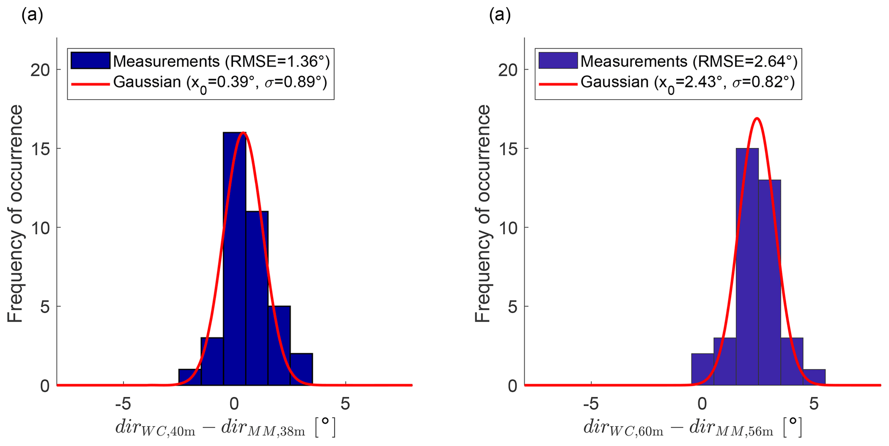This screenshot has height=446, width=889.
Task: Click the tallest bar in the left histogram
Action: (234, 258)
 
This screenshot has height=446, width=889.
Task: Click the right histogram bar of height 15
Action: (747, 266)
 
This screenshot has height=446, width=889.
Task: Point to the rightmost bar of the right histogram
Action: (814, 377)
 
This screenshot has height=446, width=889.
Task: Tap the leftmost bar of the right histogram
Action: (702, 370)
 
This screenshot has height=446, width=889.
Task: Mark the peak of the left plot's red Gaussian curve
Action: (243, 132)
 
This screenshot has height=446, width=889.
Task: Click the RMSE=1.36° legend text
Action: (277, 61)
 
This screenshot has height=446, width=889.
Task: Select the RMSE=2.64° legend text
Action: (745, 61)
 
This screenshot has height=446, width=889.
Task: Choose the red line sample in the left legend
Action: (90, 83)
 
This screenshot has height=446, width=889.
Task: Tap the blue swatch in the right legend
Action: (558, 61)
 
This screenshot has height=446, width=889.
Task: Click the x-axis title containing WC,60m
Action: (692, 427)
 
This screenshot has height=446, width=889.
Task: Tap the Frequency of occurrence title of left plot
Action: (15, 214)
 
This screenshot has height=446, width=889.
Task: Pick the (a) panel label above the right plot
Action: (500, 15)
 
